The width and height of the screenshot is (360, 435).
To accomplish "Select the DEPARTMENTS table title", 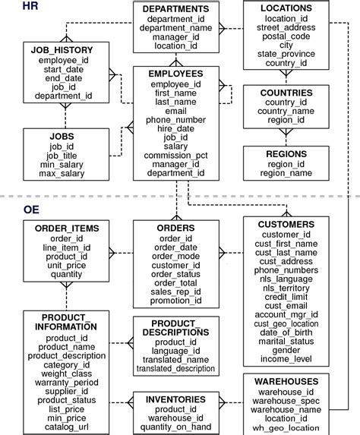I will [x=175, y=8].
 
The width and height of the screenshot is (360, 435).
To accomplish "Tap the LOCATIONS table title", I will [x=286, y=8].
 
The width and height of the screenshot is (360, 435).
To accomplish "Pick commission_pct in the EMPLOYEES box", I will [x=175, y=155].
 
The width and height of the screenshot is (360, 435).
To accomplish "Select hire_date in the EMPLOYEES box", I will [x=175, y=128].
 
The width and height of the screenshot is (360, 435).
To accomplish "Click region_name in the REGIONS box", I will [x=286, y=174].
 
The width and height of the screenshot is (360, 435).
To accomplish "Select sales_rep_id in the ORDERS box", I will [x=175, y=292].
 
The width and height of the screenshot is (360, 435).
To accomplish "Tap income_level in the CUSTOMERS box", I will [x=286, y=359].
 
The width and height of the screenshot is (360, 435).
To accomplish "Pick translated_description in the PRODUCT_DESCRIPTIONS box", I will [x=175, y=370].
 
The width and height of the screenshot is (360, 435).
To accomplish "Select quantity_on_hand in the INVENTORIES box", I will [x=175, y=426].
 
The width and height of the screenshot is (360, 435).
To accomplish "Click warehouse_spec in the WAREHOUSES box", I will [x=286, y=401].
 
